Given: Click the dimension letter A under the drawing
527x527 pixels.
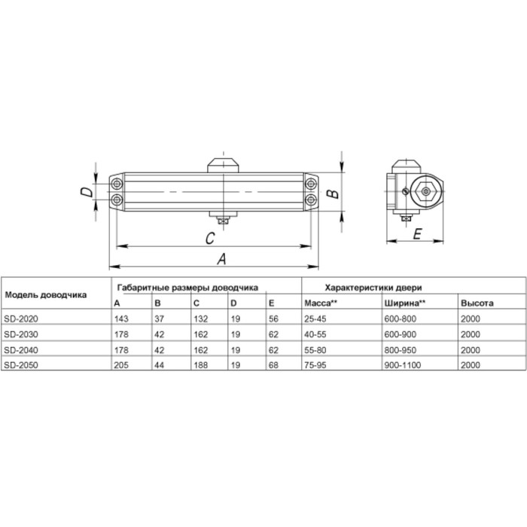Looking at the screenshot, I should pos(222,258).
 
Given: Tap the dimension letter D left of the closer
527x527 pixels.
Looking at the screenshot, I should pos(88,192).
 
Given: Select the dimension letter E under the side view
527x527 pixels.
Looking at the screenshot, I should pos(416,233).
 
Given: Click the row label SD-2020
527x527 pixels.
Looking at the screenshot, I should pos(20,319).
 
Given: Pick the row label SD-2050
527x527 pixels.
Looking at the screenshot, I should pos(20,365).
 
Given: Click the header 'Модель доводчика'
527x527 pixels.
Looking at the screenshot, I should pos(45,295).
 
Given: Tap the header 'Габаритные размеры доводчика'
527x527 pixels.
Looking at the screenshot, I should pos(187,288).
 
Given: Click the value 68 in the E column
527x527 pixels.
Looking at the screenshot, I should pos(273,365).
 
